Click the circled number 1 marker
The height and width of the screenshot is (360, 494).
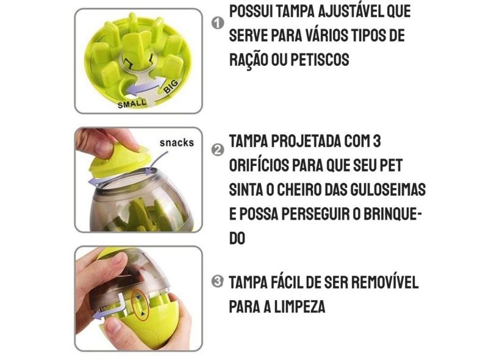217,24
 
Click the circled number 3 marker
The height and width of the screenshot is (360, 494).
217,282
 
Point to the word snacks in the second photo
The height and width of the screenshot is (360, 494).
177,143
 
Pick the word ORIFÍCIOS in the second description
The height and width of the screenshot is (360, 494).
263,166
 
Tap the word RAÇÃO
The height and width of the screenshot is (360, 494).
249,60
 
